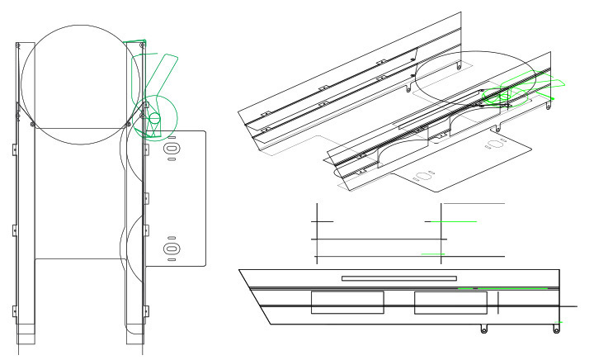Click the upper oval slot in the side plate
(172, 148)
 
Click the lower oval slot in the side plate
(172, 248)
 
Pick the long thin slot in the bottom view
(398, 278)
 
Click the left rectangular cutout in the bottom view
(347, 302)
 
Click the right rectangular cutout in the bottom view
(450, 302)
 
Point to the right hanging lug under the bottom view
(557, 329)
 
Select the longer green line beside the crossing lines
(451, 222)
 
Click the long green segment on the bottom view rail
(511, 287)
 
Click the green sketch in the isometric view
(511, 91)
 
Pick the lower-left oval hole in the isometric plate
(426, 176)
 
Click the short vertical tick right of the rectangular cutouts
(499, 303)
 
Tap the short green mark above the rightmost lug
(559, 321)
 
